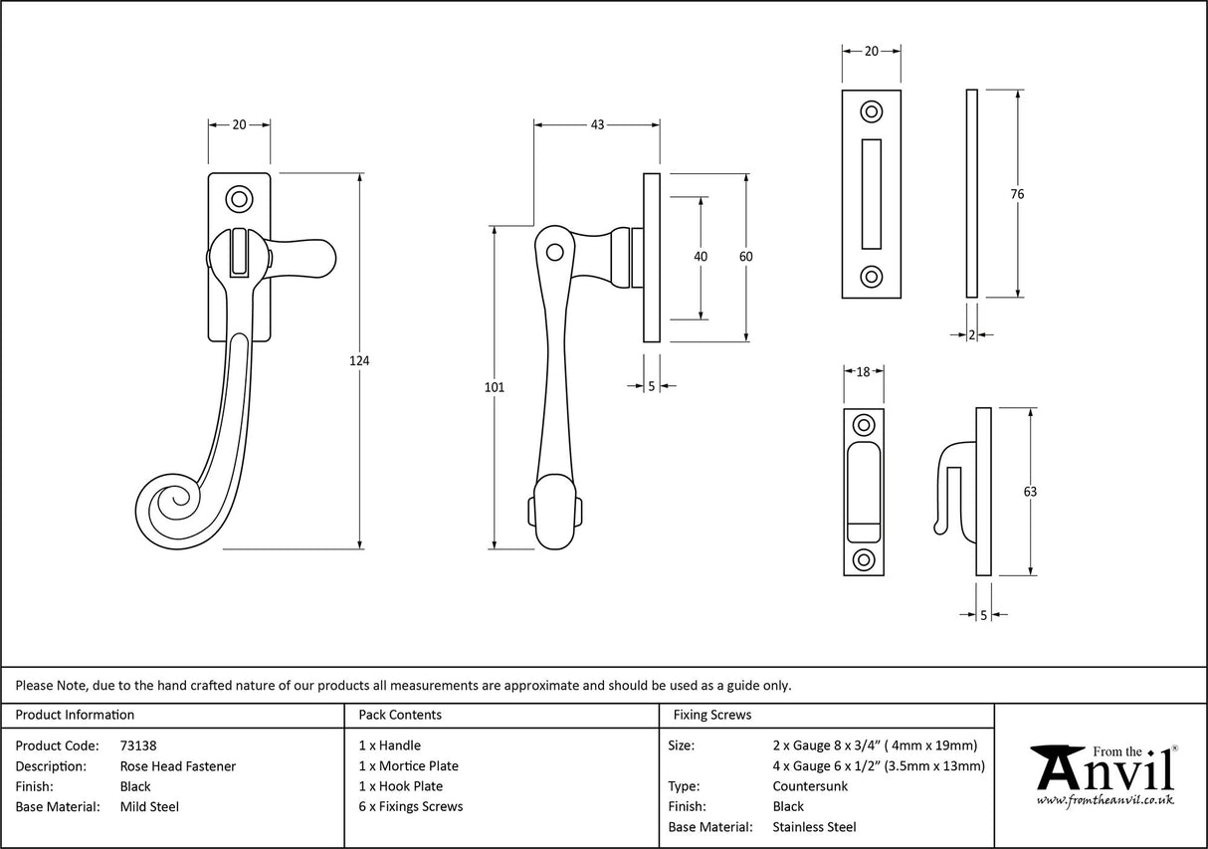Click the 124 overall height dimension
pyautogui.click(x=360, y=361)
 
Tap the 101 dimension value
pyautogui.click(x=495, y=387)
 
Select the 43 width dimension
pyautogui.click(x=597, y=124)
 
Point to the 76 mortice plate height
pyautogui.click(x=1017, y=194)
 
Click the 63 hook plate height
pyautogui.click(x=1030, y=492)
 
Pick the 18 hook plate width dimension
pyautogui.click(x=863, y=371)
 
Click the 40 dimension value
pyautogui.click(x=701, y=257)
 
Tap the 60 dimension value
pyautogui.click(x=746, y=257)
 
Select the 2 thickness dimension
pyautogui.click(x=971, y=335)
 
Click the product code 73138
pyautogui.click(x=138, y=744)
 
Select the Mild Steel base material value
pyautogui.click(x=149, y=807)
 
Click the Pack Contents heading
pyautogui.click(x=399, y=715)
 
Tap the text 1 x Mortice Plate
pyautogui.click(x=408, y=765)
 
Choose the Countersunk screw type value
pyautogui.click(x=810, y=786)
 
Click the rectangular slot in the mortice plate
pyautogui.click(x=871, y=193)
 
